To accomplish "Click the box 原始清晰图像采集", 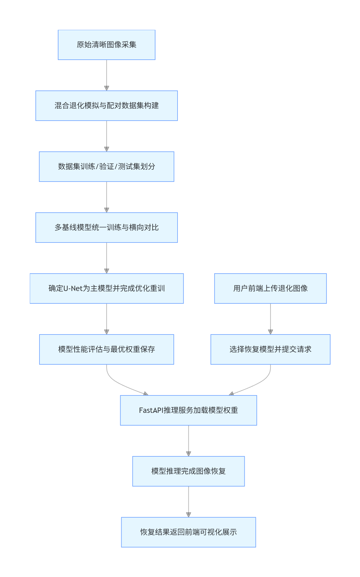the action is coord(107,45).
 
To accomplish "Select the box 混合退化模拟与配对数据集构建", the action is coord(107,106).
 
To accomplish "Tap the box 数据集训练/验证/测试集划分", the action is coord(107,167).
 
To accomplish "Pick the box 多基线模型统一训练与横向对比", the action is coord(107,228).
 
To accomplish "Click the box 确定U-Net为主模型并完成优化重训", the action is coord(107,288).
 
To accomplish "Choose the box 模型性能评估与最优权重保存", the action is coord(107,349).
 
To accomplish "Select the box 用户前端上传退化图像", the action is coord(270,288).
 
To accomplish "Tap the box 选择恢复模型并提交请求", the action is coord(270,349).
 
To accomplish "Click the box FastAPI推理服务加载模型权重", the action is coord(188,410).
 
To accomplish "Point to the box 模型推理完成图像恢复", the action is coord(188,471).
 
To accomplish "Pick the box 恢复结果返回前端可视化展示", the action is coord(188,532).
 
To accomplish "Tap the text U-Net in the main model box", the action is coord(73,288).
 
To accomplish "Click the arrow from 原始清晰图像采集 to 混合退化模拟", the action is coord(107,75).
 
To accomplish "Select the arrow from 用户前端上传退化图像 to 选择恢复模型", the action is coord(270,319).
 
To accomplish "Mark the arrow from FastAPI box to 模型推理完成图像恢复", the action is coord(188,441).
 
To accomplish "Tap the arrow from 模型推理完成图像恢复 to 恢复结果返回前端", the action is coord(188,502).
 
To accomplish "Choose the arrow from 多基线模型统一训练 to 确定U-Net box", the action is coord(107,258).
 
